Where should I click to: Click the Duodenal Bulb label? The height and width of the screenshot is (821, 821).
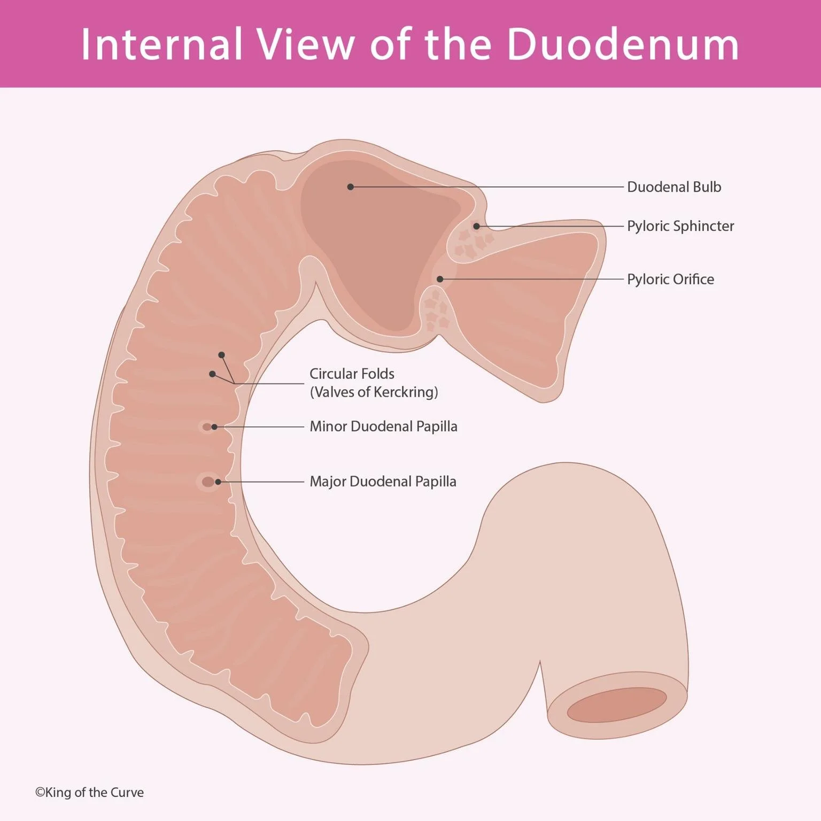[673, 187]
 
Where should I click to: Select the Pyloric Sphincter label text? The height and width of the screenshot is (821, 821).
[680, 226]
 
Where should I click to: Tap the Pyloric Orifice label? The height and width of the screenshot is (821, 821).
[670, 279]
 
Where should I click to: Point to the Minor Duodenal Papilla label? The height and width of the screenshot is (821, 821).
[383, 427]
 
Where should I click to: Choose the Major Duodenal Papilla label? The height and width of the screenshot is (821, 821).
[383, 482]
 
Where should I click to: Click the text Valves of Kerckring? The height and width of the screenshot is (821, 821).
[374, 392]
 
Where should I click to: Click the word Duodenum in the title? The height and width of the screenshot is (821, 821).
[622, 44]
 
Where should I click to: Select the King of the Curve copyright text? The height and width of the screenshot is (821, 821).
[89, 792]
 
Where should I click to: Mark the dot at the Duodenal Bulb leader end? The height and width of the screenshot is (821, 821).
[351, 187]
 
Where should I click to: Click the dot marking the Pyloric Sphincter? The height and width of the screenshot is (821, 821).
[476, 226]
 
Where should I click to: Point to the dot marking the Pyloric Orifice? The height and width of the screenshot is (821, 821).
[440, 279]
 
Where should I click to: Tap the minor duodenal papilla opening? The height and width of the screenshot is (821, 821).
[207, 427]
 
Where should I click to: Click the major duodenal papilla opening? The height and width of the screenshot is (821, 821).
[208, 482]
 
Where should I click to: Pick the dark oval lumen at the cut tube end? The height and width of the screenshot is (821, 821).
[616, 704]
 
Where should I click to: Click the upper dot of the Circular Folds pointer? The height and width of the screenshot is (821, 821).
[221, 355]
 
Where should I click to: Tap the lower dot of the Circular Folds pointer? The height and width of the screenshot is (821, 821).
[212, 374]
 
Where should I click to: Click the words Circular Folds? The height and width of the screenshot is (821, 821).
[352, 374]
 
